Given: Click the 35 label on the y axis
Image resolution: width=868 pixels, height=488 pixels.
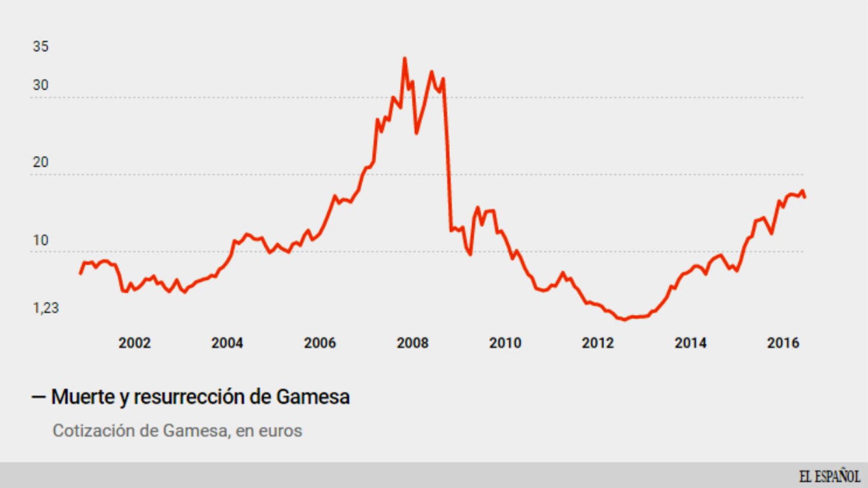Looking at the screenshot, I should click(x=41, y=46).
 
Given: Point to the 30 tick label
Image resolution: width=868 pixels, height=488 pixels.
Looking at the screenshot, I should click(x=41, y=85).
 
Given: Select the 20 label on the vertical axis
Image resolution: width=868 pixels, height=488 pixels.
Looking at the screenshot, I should click(x=41, y=162).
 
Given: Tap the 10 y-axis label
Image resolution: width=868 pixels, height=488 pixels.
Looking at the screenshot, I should click(x=41, y=240).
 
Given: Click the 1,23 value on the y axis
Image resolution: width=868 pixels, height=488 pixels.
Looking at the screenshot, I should click(x=46, y=308).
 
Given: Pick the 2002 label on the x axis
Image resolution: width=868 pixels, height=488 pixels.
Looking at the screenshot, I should click(x=134, y=343).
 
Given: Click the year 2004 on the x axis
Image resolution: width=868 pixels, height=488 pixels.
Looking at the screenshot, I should click(x=227, y=343).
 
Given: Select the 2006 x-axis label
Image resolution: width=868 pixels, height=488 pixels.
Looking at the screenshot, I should click(x=320, y=343).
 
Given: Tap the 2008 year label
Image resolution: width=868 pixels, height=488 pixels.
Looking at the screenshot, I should click(x=412, y=343).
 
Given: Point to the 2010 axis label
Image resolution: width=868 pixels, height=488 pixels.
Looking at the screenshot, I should click(x=505, y=343).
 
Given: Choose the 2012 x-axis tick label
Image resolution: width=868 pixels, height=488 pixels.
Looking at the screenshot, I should click(x=598, y=343).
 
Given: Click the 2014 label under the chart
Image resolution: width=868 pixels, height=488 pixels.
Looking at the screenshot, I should click(x=690, y=343).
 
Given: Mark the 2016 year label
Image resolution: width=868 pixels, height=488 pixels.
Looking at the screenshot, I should click(x=783, y=343).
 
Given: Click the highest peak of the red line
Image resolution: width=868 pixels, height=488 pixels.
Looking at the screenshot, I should click(x=404, y=58).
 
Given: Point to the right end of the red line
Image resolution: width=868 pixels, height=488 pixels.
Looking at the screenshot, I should click(x=805, y=197).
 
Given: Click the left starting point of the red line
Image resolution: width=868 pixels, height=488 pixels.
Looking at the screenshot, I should click(x=80, y=273).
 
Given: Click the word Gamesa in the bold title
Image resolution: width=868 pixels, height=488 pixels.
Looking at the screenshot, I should click(x=312, y=396).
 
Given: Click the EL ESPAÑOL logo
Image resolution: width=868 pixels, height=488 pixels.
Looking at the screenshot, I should click(x=829, y=476).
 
